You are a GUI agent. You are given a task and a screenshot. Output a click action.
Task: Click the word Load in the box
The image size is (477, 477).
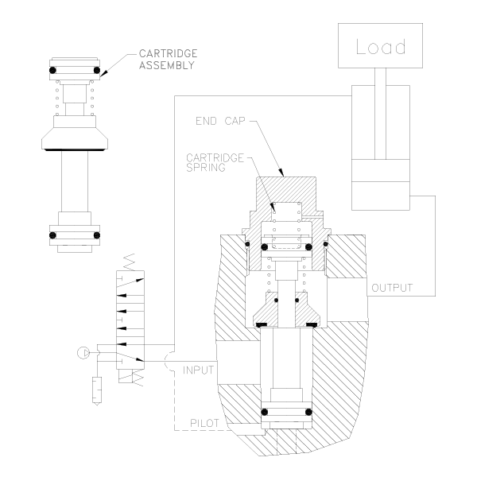click(x=381, y=47)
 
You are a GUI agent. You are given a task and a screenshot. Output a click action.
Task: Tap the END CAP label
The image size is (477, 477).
click(x=220, y=121)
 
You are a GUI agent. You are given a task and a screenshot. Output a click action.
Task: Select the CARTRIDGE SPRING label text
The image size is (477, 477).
click(x=215, y=163)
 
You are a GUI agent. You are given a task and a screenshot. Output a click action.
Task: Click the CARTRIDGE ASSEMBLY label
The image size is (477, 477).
click(x=169, y=60)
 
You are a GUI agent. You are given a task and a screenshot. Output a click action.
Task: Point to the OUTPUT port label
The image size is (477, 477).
click(x=392, y=288)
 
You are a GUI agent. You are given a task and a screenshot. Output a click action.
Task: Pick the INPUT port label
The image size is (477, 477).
click(x=198, y=370)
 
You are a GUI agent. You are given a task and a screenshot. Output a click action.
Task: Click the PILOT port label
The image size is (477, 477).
click(x=204, y=423)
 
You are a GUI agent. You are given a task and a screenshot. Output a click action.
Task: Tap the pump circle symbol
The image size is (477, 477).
click(x=83, y=353)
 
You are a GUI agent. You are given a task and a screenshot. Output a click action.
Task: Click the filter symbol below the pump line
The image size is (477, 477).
click(x=97, y=391)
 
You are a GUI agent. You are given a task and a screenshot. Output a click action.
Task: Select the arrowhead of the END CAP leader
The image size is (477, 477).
click(x=281, y=173)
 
